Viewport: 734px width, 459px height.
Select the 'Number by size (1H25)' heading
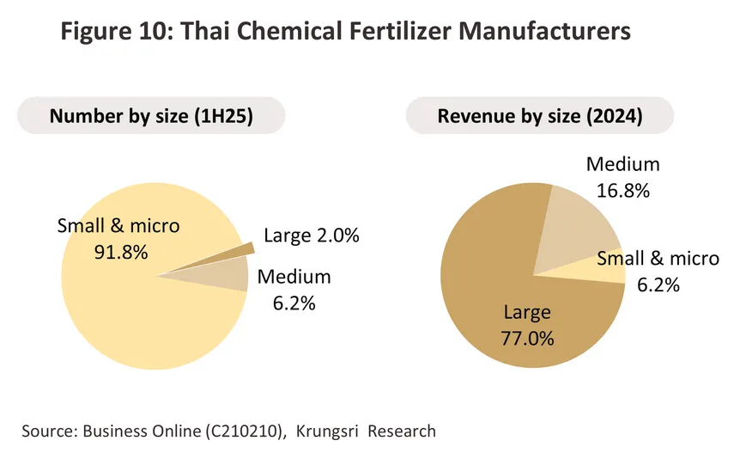point(150,117)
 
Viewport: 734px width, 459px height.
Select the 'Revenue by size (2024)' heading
point(540,117)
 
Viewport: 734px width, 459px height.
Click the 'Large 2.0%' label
point(311,236)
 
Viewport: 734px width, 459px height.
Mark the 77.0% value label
point(530,336)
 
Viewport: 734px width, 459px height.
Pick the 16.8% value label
point(623,189)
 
